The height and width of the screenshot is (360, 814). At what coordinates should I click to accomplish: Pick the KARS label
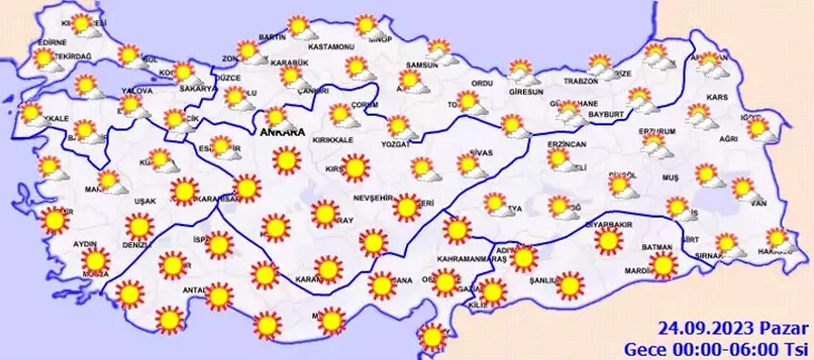716,98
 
